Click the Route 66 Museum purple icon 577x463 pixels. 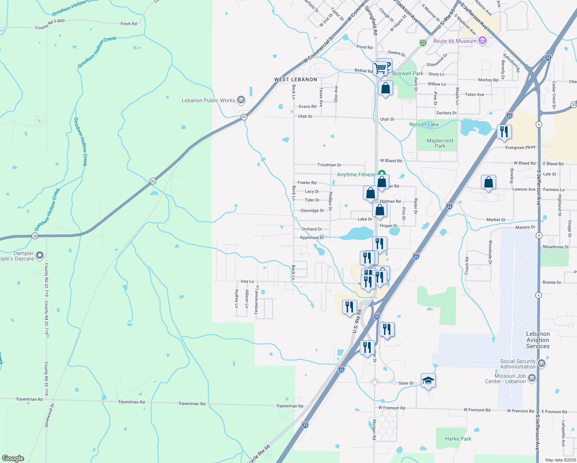coord(482,41)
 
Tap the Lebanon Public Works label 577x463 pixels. coord(208,100)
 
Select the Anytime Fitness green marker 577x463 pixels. coord(381,174)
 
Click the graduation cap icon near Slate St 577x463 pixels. coord(428,381)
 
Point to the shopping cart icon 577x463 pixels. coord(380,68)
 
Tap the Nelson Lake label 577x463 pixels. coord(424,124)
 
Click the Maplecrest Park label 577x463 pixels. coord(440,143)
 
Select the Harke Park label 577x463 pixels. coord(458,439)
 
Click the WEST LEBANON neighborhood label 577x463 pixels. coord(295,79)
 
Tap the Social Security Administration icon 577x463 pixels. coord(541,363)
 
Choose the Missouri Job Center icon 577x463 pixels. coord(532,378)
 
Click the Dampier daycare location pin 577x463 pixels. coord(39,255)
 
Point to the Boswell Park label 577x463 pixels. coord(408,73)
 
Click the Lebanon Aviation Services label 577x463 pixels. coord(538,340)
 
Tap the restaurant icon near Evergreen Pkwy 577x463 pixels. coord(504,132)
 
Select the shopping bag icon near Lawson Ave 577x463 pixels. coord(488,182)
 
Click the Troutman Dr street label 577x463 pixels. coord(329,165)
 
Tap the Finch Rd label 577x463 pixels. coord(128,24)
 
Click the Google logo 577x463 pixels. coord(13,458)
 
